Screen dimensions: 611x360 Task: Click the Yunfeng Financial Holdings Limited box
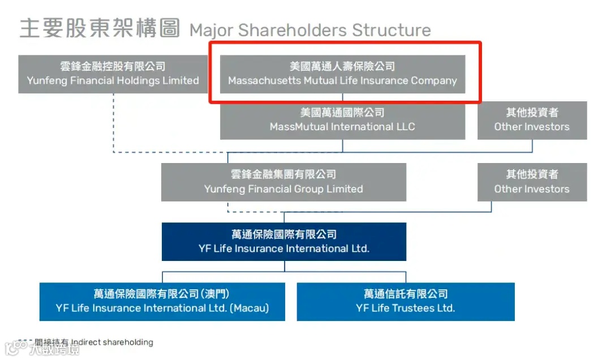tap(113, 74)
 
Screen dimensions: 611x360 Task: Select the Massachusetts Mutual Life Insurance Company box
tap(342, 74)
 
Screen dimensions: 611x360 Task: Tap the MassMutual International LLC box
tap(342, 120)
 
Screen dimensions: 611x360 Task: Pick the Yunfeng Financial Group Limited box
tap(283, 182)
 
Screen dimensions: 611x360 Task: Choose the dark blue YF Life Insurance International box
tap(283, 242)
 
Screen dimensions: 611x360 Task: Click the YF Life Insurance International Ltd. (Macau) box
tap(162, 302)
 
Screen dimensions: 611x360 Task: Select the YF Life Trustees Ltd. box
tap(406, 302)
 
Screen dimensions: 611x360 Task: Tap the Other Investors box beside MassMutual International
tap(532, 120)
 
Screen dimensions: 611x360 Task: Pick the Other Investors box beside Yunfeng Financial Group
tap(532, 182)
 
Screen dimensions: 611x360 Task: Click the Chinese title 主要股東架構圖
tap(100, 28)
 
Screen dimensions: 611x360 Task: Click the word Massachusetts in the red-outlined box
tap(264, 81)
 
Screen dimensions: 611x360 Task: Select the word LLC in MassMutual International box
tap(404, 127)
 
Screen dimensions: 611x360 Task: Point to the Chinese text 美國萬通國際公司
tap(342, 113)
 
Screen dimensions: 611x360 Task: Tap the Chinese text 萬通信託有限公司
tap(406, 294)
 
